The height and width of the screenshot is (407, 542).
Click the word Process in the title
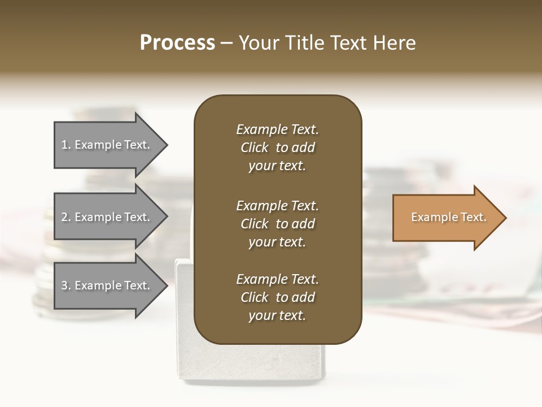[x=177, y=43]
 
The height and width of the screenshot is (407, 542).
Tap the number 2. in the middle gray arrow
[x=66, y=217]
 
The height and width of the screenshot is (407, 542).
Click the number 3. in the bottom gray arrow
[x=66, y=285]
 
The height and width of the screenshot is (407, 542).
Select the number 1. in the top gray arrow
[x=66, y=145]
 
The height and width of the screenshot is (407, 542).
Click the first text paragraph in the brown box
[x=277, y=148]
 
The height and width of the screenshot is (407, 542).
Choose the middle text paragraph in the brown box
[x=277, y=224]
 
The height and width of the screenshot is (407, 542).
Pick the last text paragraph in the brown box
[x=277, y=297]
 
